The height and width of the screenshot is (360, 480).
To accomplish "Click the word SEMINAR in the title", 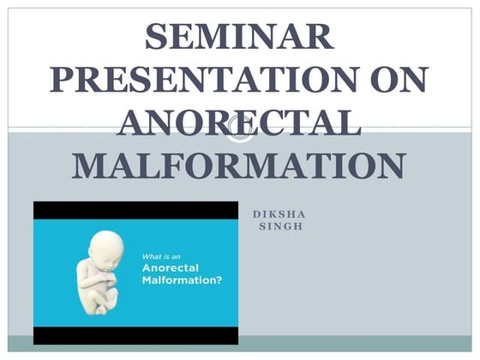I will [239, 36].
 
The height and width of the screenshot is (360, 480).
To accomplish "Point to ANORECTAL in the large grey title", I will [239, 123].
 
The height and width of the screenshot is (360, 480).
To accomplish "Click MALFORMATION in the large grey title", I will [239, 165].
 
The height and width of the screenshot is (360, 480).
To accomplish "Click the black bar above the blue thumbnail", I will [135, 209].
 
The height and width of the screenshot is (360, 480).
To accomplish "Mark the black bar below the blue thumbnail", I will [135, 336].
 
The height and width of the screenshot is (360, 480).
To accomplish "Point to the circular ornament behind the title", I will [240, 129].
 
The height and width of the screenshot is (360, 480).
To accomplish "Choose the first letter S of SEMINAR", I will [157, 36].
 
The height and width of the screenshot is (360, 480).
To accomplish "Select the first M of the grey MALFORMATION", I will [87, 165].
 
